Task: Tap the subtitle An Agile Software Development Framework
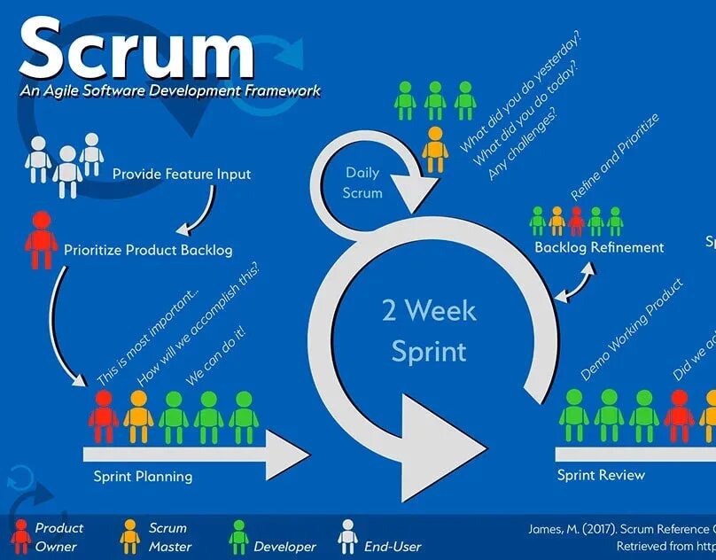tap(169, 90)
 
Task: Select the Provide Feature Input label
tap(182, 175)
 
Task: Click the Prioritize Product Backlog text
tap(148, 250)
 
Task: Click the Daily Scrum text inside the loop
tap(363, 183)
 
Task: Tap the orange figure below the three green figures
tap(435, 149)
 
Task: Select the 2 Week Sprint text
tap(429, 331)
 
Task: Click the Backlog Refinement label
tap(599, 247)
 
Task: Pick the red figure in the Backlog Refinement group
tap(577, 221)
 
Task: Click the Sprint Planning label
tap(143, 477)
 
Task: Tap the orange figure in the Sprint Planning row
tap(138, 416)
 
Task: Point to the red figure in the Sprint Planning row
tap(104, 416)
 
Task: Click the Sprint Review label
tap(601, 475)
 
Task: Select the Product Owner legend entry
tap(49, 537)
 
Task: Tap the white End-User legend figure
tap(347, 537)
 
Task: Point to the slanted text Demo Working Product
tap(632, 330)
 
